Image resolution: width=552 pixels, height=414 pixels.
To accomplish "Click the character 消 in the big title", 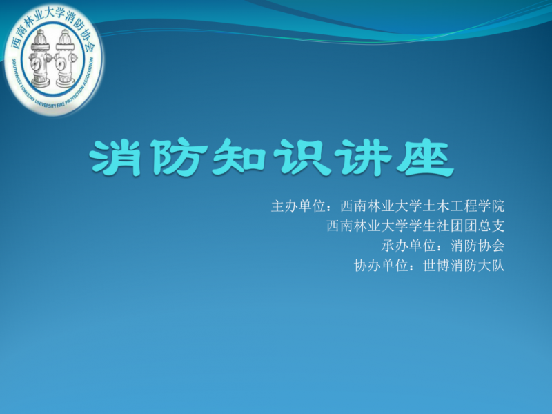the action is pyautogui.click(x=115, y=158).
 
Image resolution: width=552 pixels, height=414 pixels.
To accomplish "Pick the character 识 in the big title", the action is pyautogui.click(x=302, y=158).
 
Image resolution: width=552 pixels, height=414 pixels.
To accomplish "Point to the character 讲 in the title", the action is pyautogui.click(x=364, y=158).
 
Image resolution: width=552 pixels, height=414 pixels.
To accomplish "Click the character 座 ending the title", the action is pyautogui.click(x=425, y=158).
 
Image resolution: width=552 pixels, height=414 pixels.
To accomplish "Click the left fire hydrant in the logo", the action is pyautogui.click(x=40, y=59).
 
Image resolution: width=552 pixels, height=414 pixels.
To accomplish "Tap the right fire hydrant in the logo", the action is pyautogui.click(x=66, y=59).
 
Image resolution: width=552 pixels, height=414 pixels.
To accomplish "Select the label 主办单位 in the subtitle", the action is pyautogui.click(x=298, y=206).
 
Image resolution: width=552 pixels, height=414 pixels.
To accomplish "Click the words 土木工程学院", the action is pyautogui.click(x=463, y=206).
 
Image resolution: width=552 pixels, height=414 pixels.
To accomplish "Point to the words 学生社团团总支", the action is pyautogui.click(x=457, y=226).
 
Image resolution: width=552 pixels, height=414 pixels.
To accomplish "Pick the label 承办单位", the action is pyautogui.click(x=408, y=246).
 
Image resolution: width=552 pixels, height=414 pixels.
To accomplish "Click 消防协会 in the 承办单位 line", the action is pyautogui.click(x=477, y=246).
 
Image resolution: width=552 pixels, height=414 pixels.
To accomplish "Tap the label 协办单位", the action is pyautogui.click(x=381, y=266).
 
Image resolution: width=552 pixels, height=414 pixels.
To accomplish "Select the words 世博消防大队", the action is pyautogui.click(x=463, y=266).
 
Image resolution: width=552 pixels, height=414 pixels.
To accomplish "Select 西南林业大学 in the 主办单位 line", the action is pyautogui.click(x=381, y=206).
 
